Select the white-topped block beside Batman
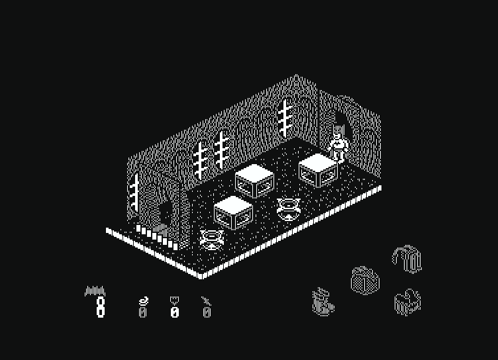click(x=318, y=171)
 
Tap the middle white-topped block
click(x=254, y=181)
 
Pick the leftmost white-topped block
click(x=233, y=212)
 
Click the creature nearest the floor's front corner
click(x=212, y=240)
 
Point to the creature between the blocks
click(x=288, y=209)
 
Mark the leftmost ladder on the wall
click(x=134, y=193)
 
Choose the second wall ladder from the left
click(x=201, y=161)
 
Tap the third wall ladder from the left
click(x=221, y=150)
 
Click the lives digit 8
click(x=101, y=307)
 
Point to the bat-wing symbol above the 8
click(x=95, y=291)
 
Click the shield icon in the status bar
click(x=174, y=300)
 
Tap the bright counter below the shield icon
click(x=175, y=312)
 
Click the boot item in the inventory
click(x=323, y=302)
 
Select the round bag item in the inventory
click(x=365, y=281)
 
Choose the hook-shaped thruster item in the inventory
click(x=407, y=258)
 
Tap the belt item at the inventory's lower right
click(x=407, y=302)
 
